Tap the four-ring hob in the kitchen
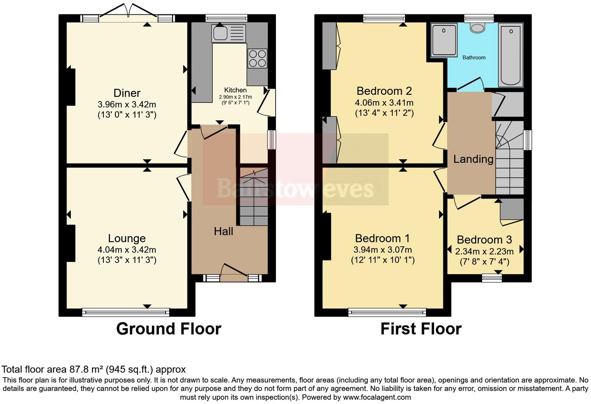click(257, 59)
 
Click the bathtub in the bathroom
click(511, 54)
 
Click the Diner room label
click(127, 93)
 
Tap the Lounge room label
click(127, 239)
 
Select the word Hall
click(224, 232)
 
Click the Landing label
click(473, 159)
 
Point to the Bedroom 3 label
click(484, 240)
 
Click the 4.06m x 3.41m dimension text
click(384, 103)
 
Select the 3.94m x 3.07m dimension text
click(383, 250)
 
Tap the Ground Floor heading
click(168, 329)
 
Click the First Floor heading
click(421, 329)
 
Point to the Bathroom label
click(474, 57)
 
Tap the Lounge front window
click(126, 312)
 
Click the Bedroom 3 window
click(492, 278)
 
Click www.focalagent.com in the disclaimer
click(377, 397)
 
